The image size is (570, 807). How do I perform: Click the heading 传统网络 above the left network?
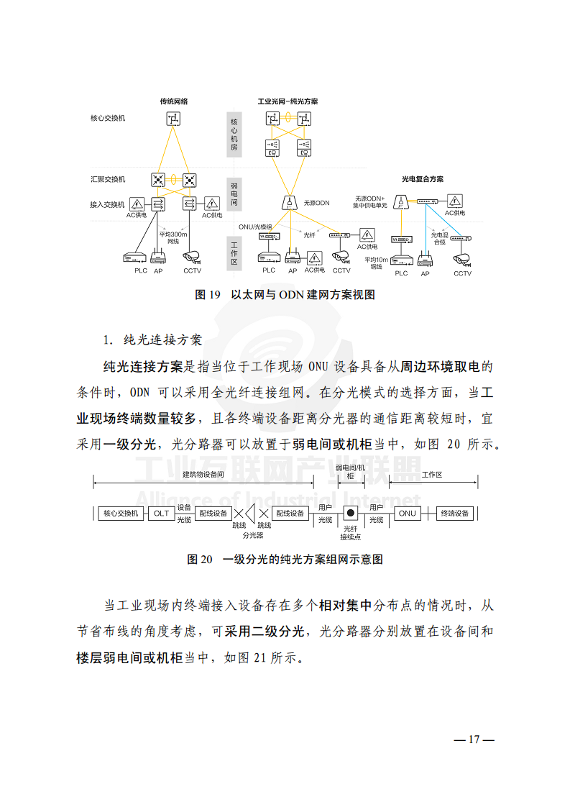coord(174,101)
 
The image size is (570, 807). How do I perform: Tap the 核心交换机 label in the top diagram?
coord(107,117)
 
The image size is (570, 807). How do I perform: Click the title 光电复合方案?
coord(422,178)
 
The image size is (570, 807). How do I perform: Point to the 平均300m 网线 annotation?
coord(173,237)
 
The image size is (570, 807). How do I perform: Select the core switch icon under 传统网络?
coord(174,119)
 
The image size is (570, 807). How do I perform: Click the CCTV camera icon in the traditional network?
coord(192,256)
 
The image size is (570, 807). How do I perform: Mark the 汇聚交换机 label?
coord(107,178)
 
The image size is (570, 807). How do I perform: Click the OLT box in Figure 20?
coord(161,513)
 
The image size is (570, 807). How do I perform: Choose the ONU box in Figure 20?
coord(408,513)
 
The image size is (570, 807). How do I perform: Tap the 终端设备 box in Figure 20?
coord(454,513)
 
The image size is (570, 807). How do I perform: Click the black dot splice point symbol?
coord(351,513)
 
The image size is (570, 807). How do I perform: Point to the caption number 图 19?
coord(208,294)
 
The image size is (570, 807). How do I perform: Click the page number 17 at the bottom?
coord(474,739)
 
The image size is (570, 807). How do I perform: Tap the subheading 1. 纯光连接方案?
coord(152,339)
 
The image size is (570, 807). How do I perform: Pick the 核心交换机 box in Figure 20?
coord(121,513)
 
